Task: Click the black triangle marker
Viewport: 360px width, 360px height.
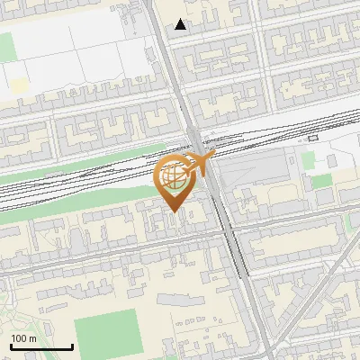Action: [181, 24]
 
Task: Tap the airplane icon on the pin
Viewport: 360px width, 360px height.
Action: [201, 164]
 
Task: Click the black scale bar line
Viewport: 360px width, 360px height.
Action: [41, 347]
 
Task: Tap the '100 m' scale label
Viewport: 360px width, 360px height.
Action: [24, 338]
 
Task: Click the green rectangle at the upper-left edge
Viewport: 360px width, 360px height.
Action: [6, 45]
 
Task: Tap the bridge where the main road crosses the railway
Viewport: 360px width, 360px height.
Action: [196, 144]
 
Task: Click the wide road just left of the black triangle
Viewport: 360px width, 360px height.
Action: [162, 36]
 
